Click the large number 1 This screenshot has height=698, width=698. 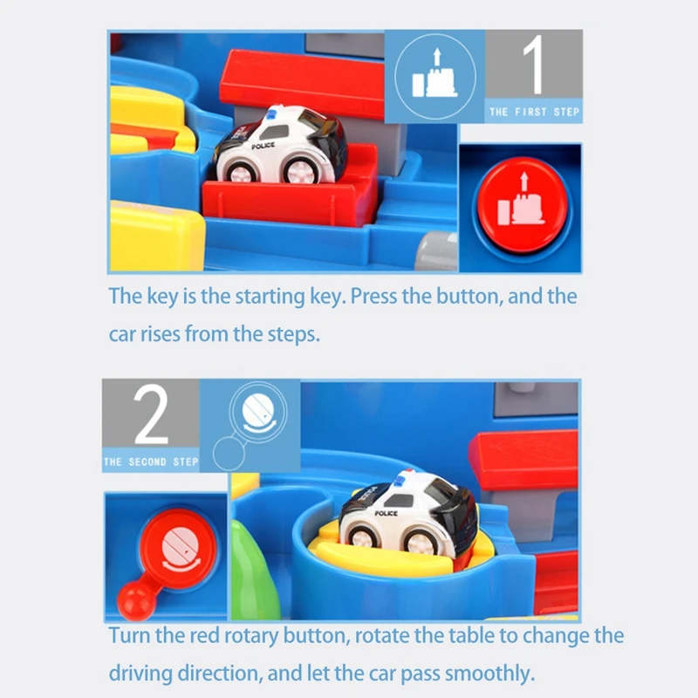click(x=533, y=69)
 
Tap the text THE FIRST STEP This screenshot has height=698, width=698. click(x=534, y=112)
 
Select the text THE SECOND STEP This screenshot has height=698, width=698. click(x=151, y=461)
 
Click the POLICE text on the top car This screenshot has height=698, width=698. click(x=263, y=147)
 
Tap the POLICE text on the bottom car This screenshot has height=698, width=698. click(x=386, y=515)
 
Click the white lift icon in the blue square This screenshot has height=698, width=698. click(x=435, y=76)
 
